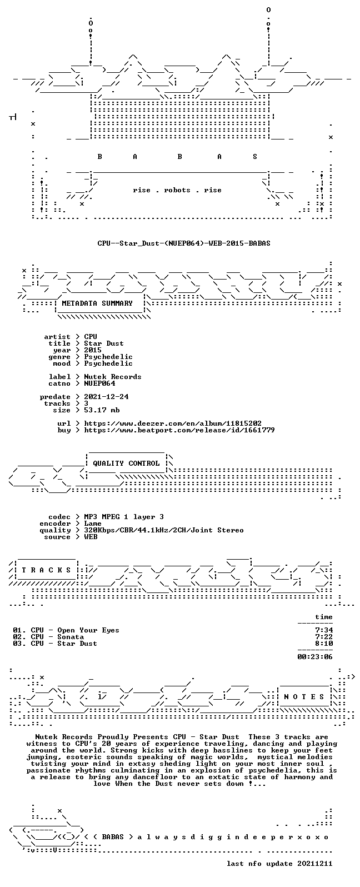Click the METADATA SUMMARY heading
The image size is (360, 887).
(x=97, y=303)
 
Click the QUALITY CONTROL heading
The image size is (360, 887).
(x=126, y=464)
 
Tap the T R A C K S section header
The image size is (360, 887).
(x=46, y=570)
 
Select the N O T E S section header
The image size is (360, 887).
(x=304, y=696)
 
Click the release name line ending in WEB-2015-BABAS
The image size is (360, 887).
(x=184, y=243)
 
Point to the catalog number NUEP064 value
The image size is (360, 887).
(x=99, y=383)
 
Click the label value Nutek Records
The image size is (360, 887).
(x=112, y=377)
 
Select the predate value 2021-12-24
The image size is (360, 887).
(x=106, y=397)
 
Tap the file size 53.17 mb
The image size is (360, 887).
(x=102, y=410)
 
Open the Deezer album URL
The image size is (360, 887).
(x=173, y=423)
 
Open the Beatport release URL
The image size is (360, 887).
(x=179, y=430)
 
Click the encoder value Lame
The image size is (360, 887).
(x=93, y=524)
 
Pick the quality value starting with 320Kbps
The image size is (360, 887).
(x=163, y=530)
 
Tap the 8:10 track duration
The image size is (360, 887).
(x=324, y=644)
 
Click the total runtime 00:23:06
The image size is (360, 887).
(x=315, y=657)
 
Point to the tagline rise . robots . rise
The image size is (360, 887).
(x=177, y=190)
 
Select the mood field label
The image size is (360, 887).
(x=62, y=363)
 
